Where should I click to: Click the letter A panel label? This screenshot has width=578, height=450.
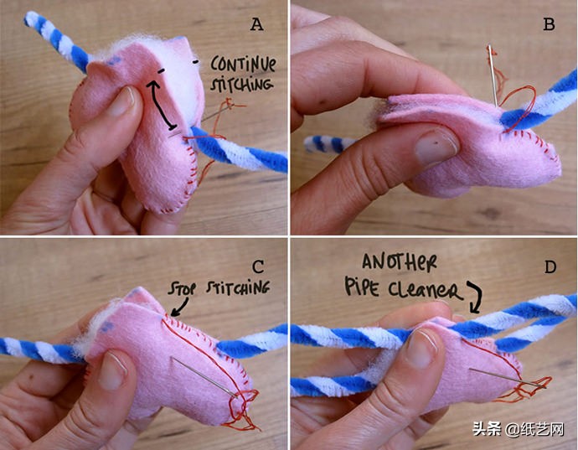tap(256, 24)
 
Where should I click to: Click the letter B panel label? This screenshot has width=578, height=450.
tap(549, 24)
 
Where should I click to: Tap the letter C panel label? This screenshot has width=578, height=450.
tap(258, 266)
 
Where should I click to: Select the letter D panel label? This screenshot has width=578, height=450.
tap(550, 266)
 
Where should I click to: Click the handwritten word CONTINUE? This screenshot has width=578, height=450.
tap(243, 65)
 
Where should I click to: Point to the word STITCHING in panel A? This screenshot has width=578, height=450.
tap(242, 85)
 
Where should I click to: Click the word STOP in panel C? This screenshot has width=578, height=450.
tap(182, 289)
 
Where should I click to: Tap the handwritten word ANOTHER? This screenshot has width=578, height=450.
tap(400, 262)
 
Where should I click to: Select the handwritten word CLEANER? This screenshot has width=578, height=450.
tap(425, 290)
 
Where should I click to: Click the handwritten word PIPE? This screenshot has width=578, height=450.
tap(362, 287)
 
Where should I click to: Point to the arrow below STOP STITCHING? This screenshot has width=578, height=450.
tap(181, 307)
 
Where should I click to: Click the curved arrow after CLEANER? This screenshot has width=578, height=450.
tap(476, 297)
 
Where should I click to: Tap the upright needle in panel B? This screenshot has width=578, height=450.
tap(493, 75)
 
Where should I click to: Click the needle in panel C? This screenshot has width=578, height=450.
tap(204, 376)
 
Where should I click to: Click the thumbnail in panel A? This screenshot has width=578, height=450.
tap(123, 101)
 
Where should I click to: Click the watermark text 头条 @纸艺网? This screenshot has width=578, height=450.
tap(519, 429)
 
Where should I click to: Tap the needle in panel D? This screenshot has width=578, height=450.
tap(508, 377)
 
